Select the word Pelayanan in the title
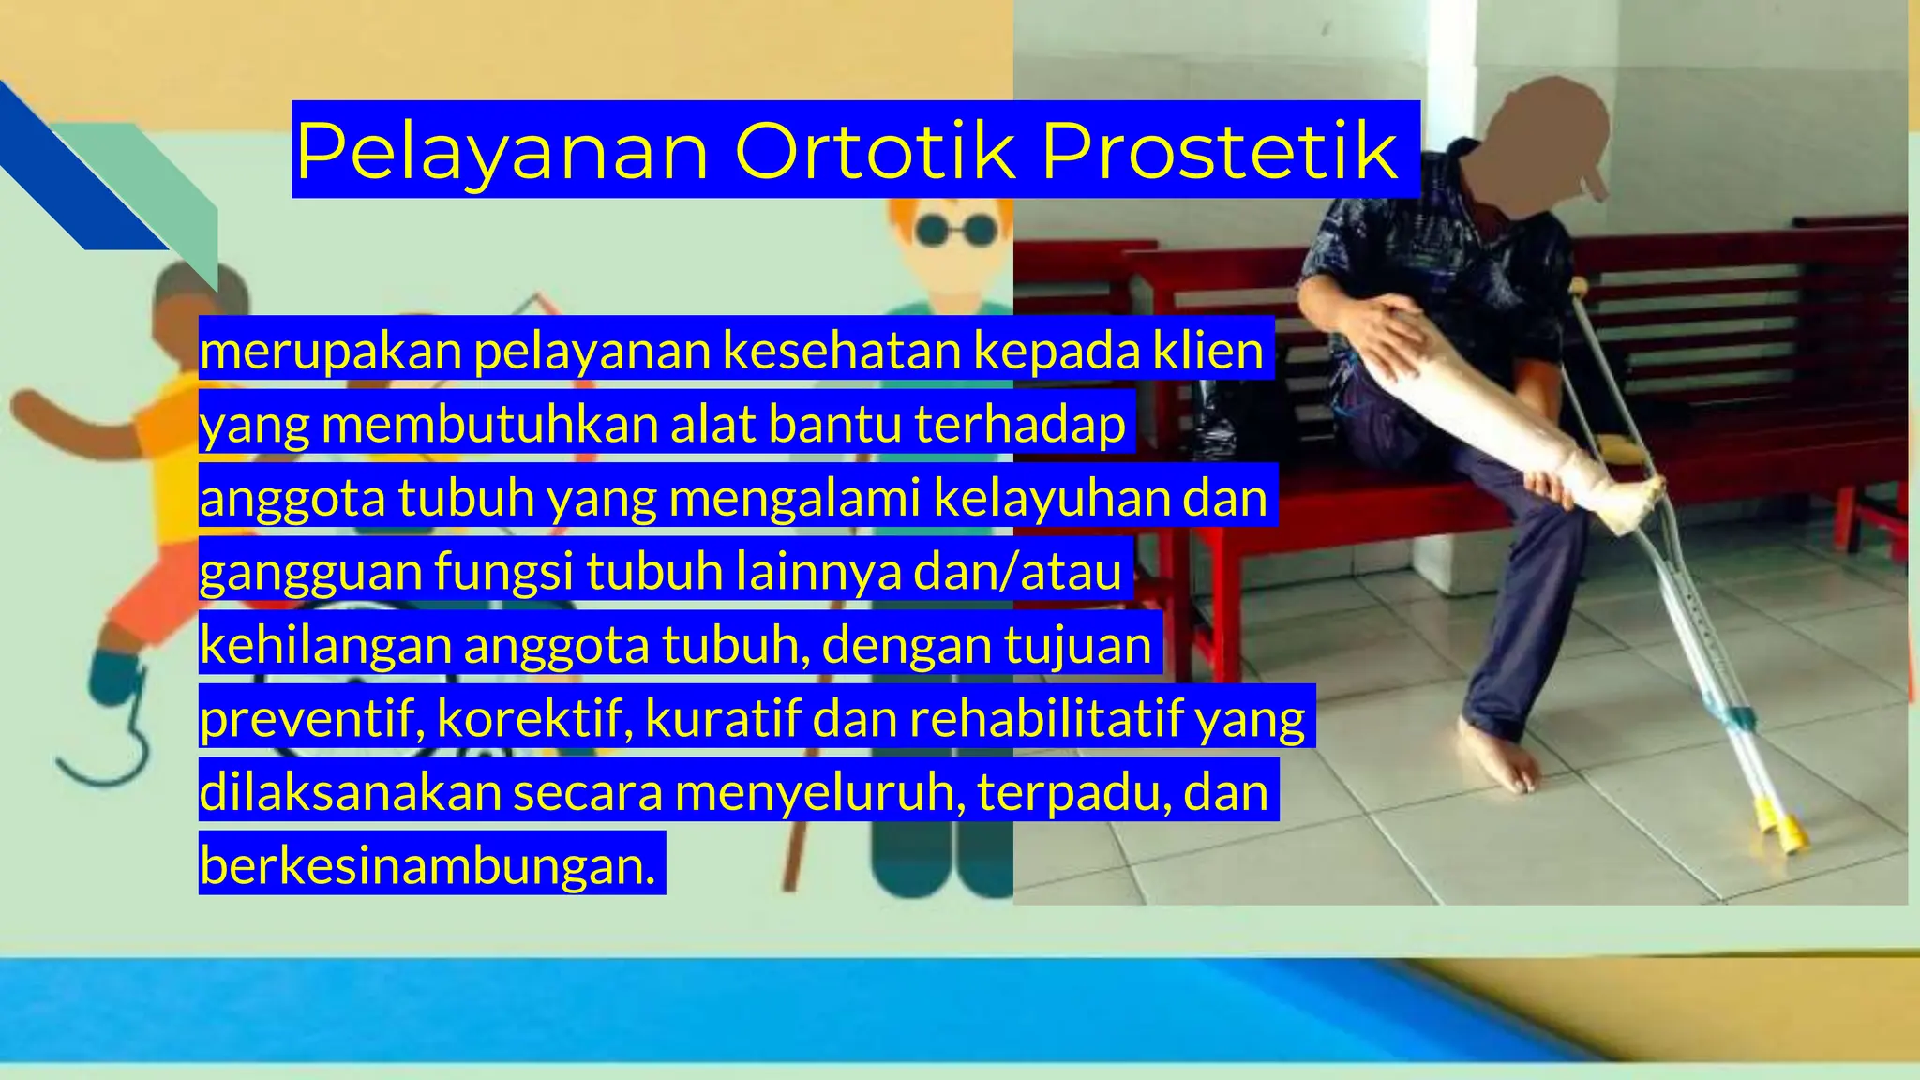pos(502,152)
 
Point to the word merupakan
pos(331,351)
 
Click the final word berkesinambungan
pos(427,865)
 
